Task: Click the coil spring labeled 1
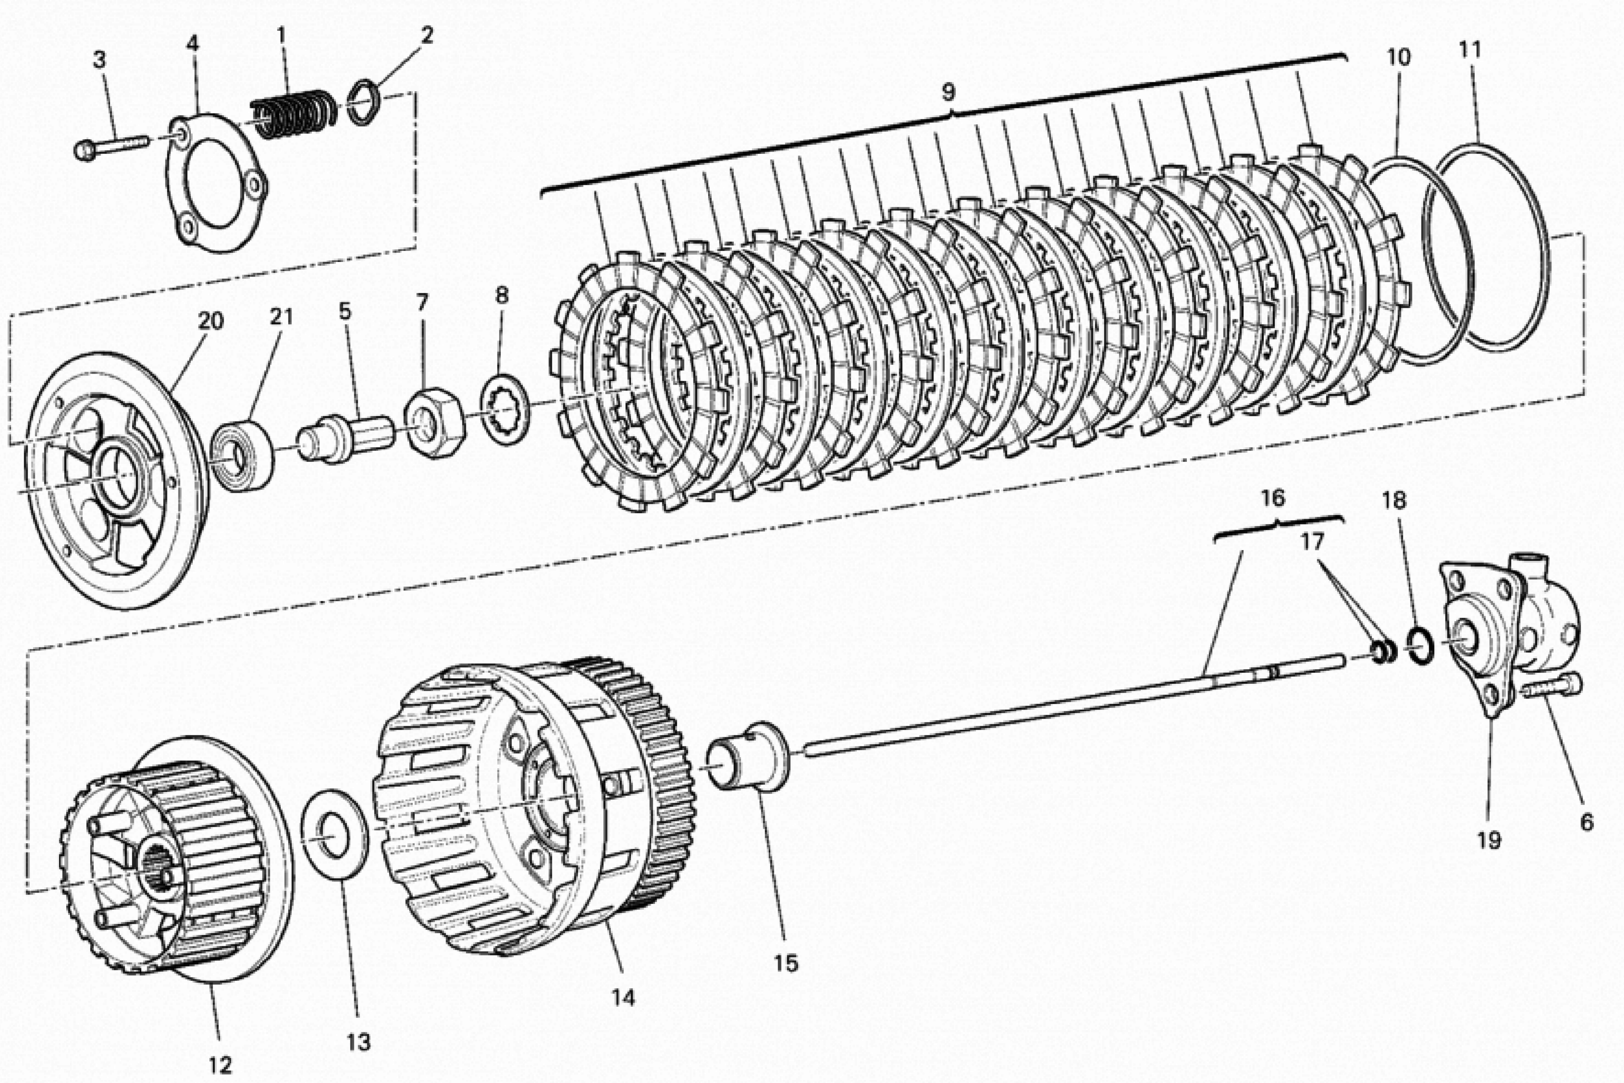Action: [x=294, y=114]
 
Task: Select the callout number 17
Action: [x=1313, y=542]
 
